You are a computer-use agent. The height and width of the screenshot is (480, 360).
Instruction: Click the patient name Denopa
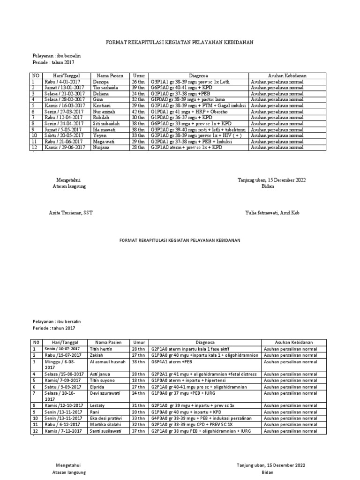pyautogui.click(x=101, y=82)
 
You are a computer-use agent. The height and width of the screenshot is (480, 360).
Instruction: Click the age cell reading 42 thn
pyautogui.click(x=138, y=112)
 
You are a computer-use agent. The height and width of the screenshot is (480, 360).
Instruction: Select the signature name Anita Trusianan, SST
pyautogui.click(x=71, y=213)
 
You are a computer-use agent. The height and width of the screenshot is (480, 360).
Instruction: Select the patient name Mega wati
pyautogui.click(x=104, y=142)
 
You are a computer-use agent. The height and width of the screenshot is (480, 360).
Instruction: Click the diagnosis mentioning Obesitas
pyautogui.click(x=189, y=112)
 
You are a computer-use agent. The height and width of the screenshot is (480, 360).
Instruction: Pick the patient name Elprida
pyautogui.click(x=97, y=387)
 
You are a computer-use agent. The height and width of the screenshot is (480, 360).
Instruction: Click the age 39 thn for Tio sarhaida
pyautogui.click(x=138, y=88)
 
